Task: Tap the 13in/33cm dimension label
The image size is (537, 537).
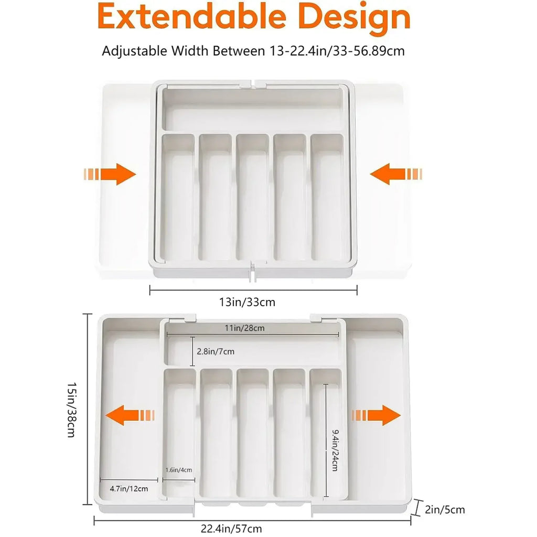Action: click(x=247, y=303)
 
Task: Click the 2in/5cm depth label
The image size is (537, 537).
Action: click(x=445, y=509)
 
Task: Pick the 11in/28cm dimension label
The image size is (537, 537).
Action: click(x=244, y=328)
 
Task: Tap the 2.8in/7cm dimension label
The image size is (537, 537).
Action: click(x=215, y=351)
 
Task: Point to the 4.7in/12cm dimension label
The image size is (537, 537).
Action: click(x=129, y=488)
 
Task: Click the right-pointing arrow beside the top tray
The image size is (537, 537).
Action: click(x=110, y=174)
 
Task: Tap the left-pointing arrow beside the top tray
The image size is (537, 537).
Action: click(x=395, y=174)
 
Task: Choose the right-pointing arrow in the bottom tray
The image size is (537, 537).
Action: click(x=376, y=415)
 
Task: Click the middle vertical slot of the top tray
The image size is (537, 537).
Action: click(x=252, y=197)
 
